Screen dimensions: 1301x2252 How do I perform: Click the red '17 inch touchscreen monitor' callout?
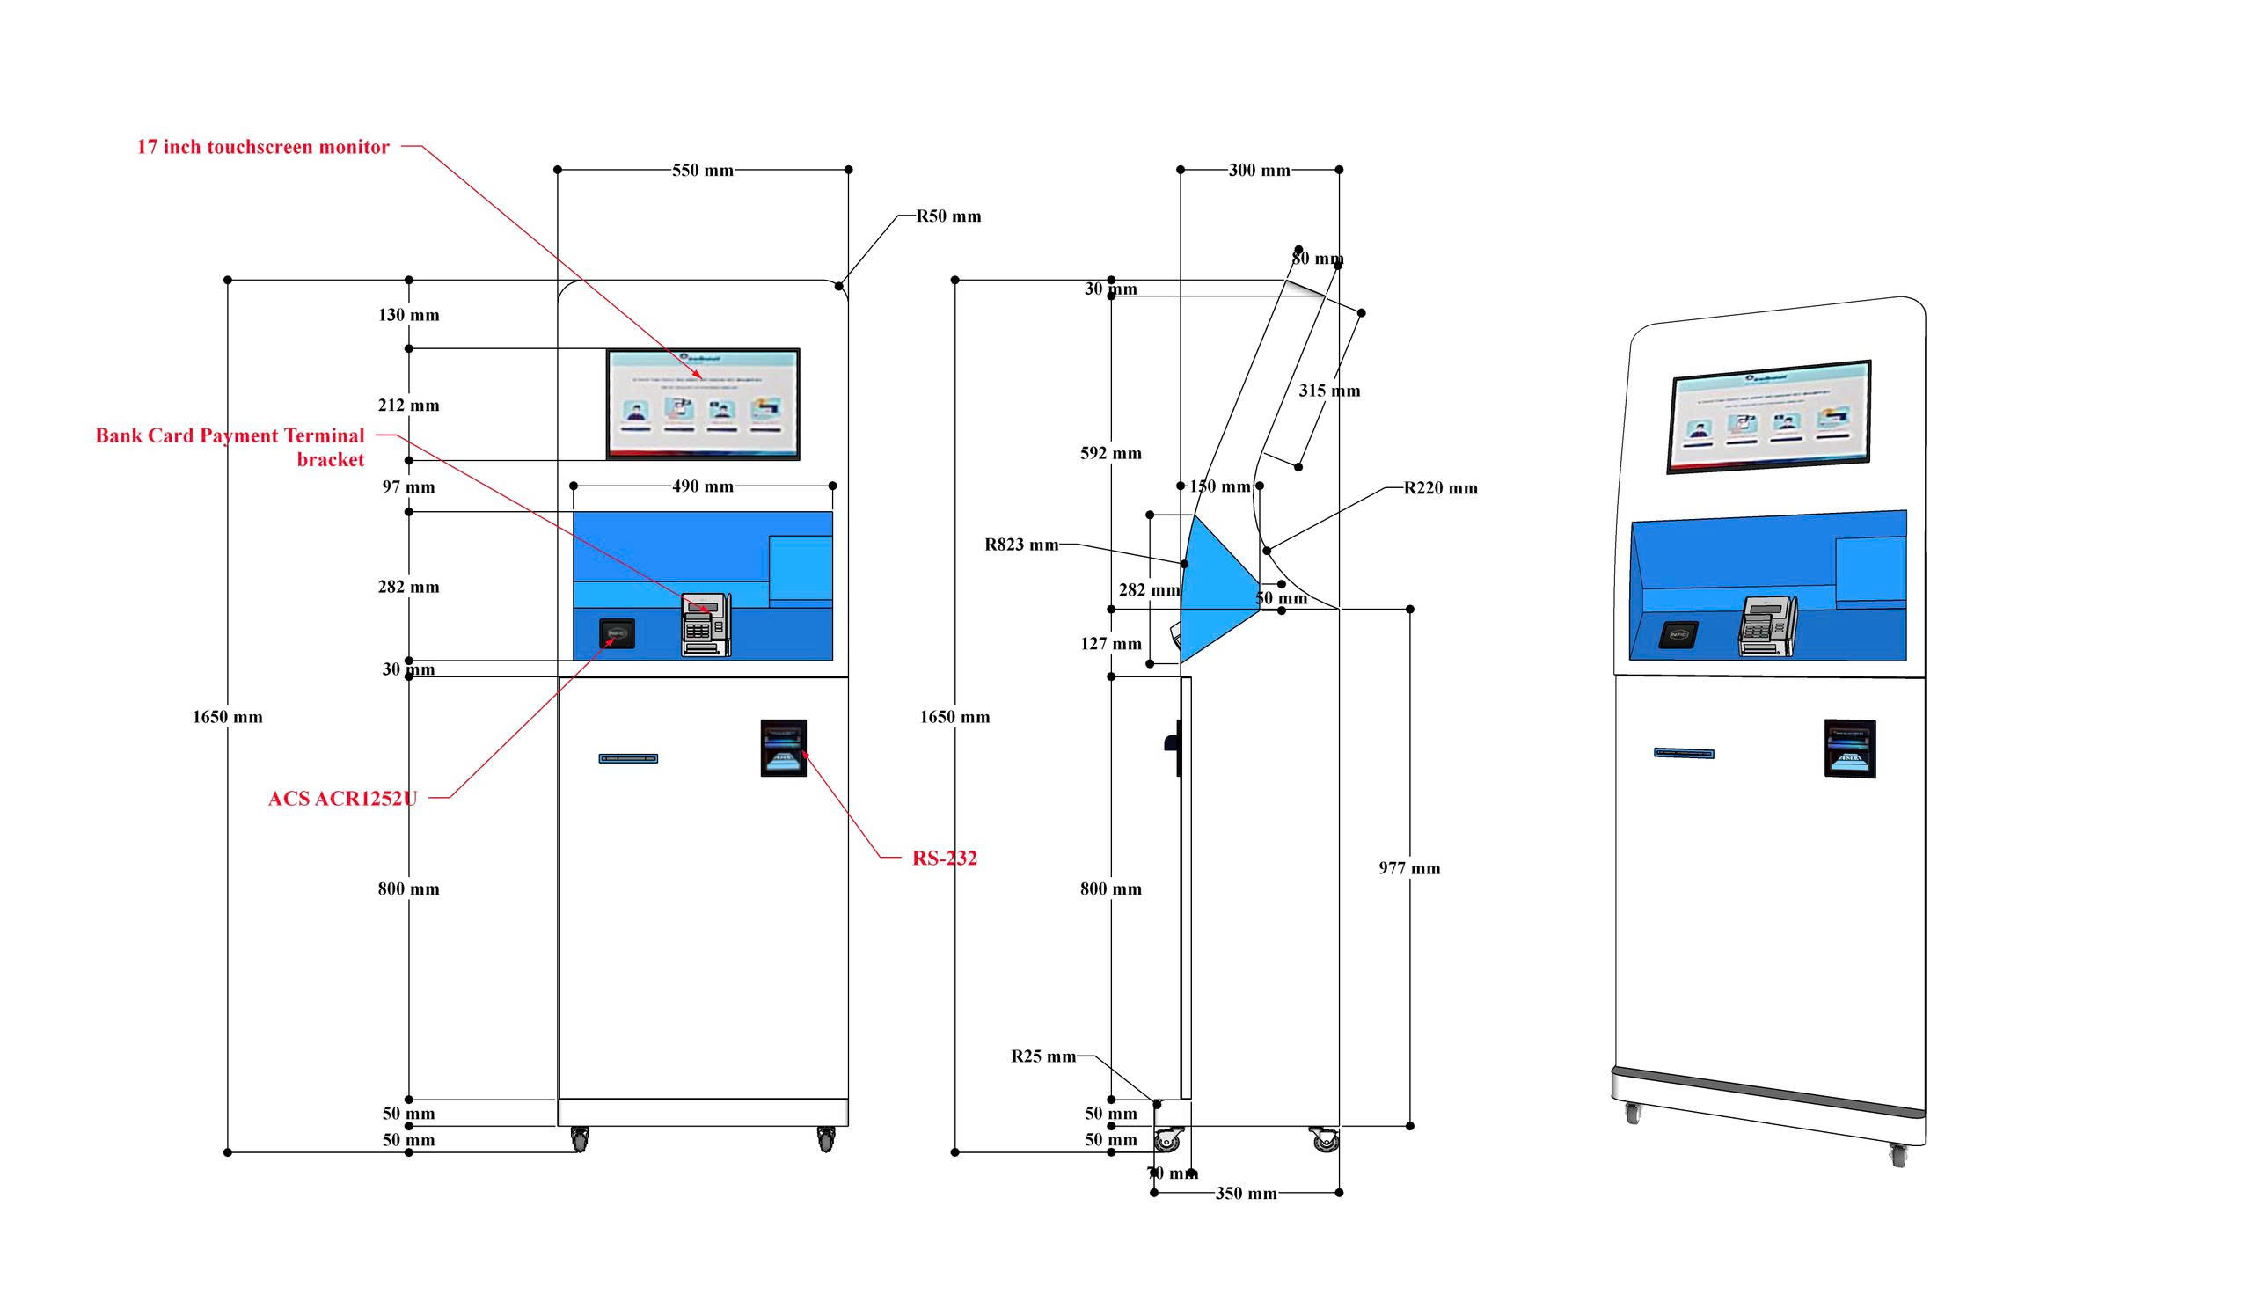(x=263, y=147)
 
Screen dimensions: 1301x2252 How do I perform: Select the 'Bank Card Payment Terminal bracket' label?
(x=230, y=447)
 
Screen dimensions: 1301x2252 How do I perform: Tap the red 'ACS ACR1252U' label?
(x=342, y=798)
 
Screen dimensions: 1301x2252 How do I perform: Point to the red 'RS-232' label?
(x=944, y=858)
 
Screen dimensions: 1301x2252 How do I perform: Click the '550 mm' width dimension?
(x=702, y=170)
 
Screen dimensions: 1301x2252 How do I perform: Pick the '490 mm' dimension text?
(x=702, y=486)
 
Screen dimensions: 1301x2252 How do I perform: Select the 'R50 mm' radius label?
(x=947, y=216)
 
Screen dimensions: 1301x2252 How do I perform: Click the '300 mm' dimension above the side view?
(x=1259, y=170)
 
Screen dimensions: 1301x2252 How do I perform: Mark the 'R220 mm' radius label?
(x=1440, y=488)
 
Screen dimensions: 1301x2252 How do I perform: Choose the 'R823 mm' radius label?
(x=1021, y=545)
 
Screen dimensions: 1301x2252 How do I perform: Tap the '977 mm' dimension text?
(x=1408, y=867)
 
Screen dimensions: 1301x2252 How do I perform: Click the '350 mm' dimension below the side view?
(x=1246, y=1193)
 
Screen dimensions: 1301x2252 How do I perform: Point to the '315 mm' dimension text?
(x=1329, y=391)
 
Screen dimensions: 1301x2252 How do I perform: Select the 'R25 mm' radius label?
(x=1043, y=1056)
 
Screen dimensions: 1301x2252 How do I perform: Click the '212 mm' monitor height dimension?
(x=408, y=405)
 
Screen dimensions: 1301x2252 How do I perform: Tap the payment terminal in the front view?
(x=706, y=625)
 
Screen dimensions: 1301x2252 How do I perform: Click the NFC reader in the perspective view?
(x=1678, y=634)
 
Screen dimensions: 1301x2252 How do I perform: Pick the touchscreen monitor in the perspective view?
(x=1769, y=415)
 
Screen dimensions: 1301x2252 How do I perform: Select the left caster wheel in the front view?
(x=580, y=1139)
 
